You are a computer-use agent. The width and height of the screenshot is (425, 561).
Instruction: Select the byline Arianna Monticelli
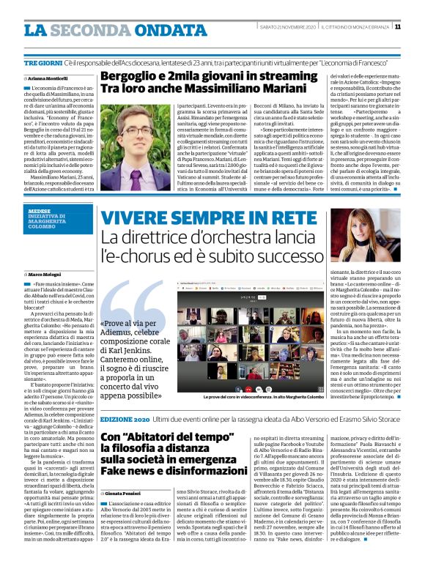49,77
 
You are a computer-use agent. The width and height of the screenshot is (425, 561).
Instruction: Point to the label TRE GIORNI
42,65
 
